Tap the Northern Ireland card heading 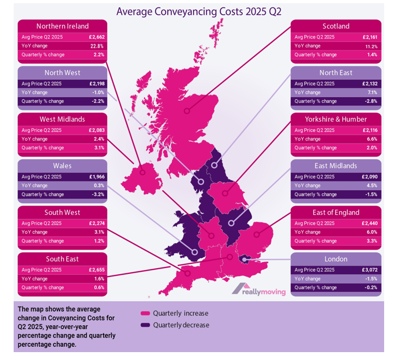point(63,26)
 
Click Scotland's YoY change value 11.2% point(371,46)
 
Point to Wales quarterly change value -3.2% point(98,194)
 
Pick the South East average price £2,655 point(97,270)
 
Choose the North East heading point(336,73)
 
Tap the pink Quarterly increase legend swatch point(146,313)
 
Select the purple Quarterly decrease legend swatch point(146,325)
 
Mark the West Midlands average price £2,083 point(97,130)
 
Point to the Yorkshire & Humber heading point(336,119)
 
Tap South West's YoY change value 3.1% point(99,232)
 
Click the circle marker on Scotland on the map point(187,111)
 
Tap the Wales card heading point(63,166)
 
